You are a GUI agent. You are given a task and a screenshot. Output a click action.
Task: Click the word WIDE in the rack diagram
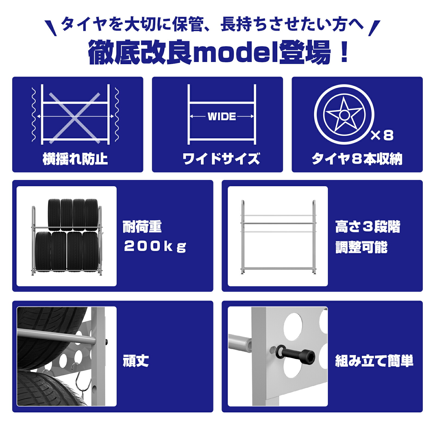point(222,117)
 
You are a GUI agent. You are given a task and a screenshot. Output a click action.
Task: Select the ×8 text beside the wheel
point(382,135)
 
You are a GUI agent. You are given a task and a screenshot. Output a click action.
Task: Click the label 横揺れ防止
point(75,159)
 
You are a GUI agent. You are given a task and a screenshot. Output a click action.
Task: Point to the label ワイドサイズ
point(221,159)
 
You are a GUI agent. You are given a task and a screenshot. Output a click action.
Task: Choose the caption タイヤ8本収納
point(357,159)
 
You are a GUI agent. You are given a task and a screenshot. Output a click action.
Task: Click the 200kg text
point(155,246)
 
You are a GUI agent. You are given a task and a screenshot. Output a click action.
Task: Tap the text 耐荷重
point(142,227)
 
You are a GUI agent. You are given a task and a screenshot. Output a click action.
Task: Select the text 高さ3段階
point(368,227)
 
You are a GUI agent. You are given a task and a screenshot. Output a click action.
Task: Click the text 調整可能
point(361,247)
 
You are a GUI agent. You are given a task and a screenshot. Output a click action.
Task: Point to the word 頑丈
point(136,361)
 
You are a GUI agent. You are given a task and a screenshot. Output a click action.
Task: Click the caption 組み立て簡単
point(374,361)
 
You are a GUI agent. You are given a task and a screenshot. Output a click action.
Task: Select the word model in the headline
point(235,53)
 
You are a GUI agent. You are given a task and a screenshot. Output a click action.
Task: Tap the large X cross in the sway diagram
point(75,118)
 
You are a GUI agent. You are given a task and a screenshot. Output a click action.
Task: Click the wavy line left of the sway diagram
point(34,114)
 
